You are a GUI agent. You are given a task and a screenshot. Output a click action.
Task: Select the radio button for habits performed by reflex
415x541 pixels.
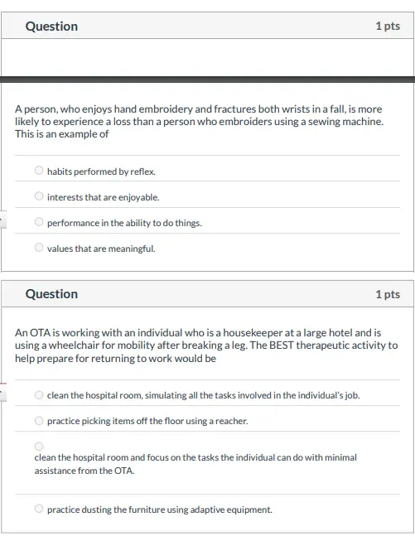(39, 171)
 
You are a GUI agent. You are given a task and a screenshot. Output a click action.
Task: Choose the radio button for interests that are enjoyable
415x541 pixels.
(39, 196)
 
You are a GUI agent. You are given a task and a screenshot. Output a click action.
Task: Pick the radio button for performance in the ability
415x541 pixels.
(39, 222)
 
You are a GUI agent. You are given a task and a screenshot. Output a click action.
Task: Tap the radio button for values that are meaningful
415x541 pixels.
(39, 248)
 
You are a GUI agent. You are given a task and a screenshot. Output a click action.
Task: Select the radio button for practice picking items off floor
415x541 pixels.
(39, 420)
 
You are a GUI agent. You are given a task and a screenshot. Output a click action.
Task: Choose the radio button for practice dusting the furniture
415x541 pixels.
(39, 509)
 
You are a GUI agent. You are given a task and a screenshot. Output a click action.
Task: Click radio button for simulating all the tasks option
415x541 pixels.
(39, 395)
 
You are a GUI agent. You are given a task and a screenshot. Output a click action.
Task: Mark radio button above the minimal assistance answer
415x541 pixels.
(39, 446)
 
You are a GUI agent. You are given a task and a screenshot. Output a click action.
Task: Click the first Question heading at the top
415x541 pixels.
(51, 27)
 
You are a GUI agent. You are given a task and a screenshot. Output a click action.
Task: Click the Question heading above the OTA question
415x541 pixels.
(51, 294)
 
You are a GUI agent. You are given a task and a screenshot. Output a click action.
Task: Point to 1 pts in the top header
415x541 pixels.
(387, 27)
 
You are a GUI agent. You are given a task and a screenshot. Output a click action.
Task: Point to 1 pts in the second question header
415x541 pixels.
(387, 294)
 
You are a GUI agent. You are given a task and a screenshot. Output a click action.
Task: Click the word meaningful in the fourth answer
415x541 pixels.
(131, 249)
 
